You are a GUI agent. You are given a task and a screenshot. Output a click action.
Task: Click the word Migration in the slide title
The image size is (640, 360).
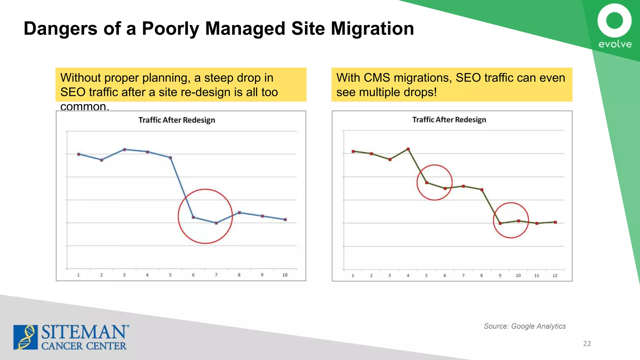pyautogui.click(x=372, y=29)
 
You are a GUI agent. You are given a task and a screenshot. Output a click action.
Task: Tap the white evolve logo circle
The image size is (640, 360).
pyautogui.click(x=614, y=21)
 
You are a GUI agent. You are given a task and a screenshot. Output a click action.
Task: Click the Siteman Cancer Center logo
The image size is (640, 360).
pyautogui.click(x=71, y=337)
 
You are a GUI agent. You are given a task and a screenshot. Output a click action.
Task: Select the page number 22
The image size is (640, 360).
pyautogui.click(x=587, y=343)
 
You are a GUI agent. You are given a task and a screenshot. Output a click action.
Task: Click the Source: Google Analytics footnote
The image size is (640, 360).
pyautogui.click(x=525, y=326)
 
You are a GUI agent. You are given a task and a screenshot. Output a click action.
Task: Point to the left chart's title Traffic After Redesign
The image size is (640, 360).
pyautogui.click(x=177, y=120)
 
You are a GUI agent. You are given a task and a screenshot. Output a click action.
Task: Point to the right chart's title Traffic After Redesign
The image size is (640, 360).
pyautogui.click(x=449, y=120)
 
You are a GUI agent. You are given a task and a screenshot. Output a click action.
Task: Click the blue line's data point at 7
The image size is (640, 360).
pyautogui.click(x=216, y=223)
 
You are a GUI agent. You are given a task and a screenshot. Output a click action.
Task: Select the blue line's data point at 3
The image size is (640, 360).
pyautogui.click(x=124, y=149)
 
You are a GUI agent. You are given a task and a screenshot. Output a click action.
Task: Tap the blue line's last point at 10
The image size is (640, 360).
pyautogui.click(x=285, y=220)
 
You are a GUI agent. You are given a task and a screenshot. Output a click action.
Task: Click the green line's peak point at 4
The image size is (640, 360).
pyautogui.click(x=408, y=149)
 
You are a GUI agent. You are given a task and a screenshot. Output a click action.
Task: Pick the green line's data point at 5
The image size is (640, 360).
pyautogui.click(x=427, y=182)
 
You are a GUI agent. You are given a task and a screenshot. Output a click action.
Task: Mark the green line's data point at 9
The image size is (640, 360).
pyautogui.click(x=500, y=223)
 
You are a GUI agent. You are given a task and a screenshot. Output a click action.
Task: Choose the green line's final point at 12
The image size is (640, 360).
pyautogui.click(x=555, y=222)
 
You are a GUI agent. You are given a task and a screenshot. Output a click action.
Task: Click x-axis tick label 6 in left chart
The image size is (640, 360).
pyautogui.click(x=193, y=275)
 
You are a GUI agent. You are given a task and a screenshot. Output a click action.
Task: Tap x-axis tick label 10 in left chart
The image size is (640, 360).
pyautogui.click(x=285, y=275)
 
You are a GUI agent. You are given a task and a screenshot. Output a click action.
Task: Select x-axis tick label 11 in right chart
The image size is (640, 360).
pyautogui.click(x=537, y=276)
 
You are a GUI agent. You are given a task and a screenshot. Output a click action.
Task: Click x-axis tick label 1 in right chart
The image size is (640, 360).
pyautogui.click(x=353, y=276)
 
